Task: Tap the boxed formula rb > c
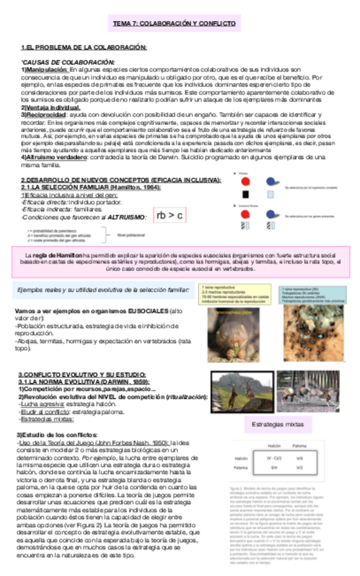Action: [x=170, y=215]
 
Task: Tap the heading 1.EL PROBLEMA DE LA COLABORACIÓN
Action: [x=84, y=48]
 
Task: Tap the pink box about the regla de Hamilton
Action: [x=179, y=261]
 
